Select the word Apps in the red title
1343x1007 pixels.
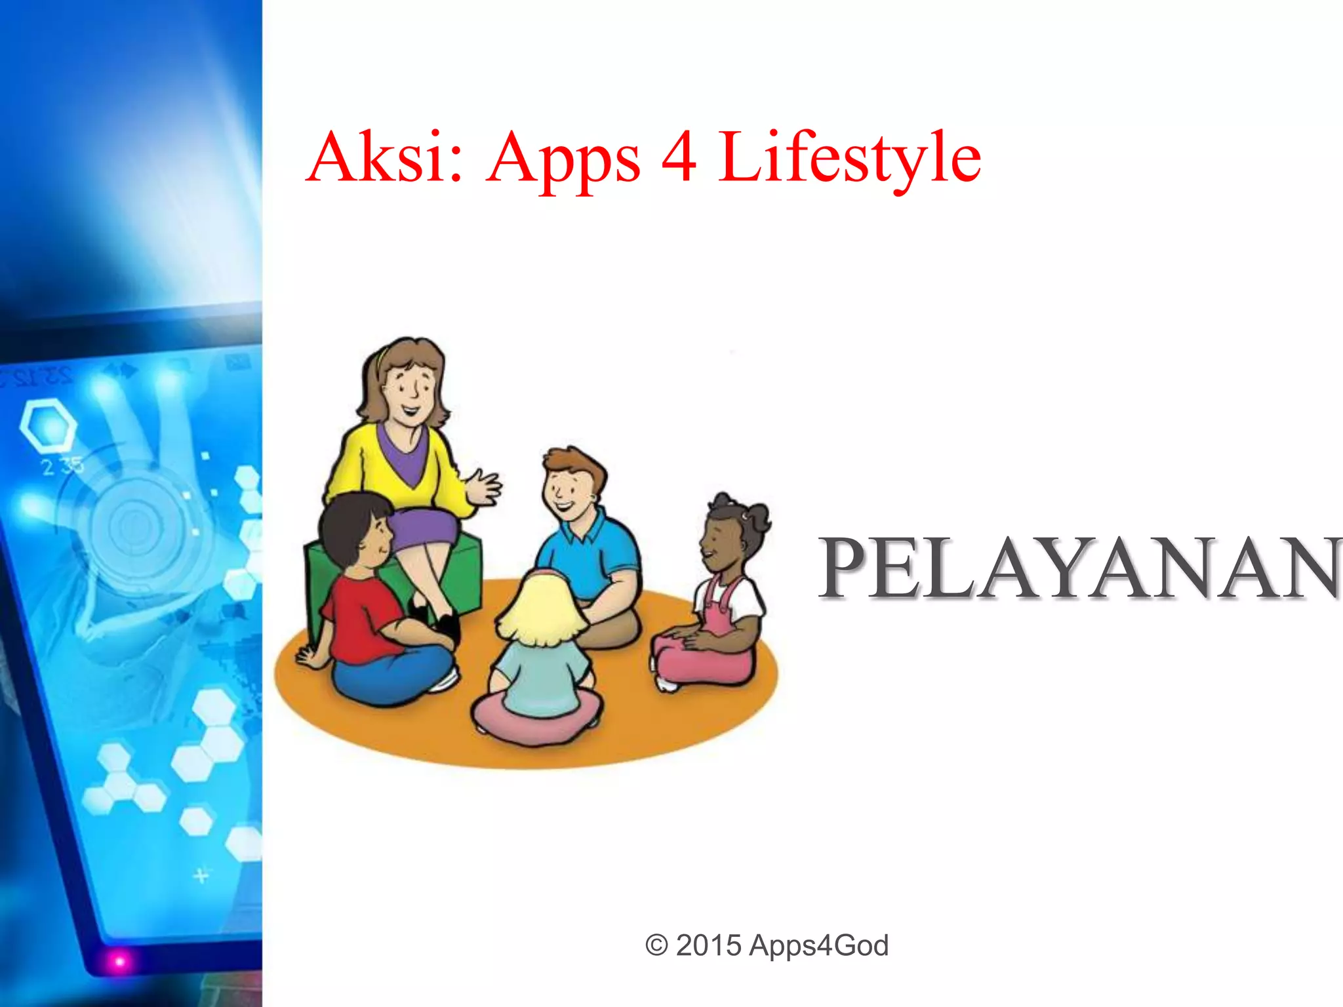563,161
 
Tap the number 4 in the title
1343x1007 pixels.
678,157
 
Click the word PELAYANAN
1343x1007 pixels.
1079,568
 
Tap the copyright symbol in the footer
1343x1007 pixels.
656,945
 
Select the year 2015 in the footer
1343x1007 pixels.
708,945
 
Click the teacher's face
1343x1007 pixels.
410,390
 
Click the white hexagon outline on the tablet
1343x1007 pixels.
48,426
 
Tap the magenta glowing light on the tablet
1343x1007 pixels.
119,961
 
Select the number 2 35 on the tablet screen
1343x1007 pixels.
62,466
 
